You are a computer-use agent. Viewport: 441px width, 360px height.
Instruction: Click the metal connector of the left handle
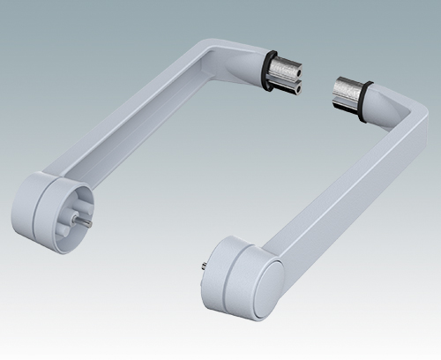[287, 76]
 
